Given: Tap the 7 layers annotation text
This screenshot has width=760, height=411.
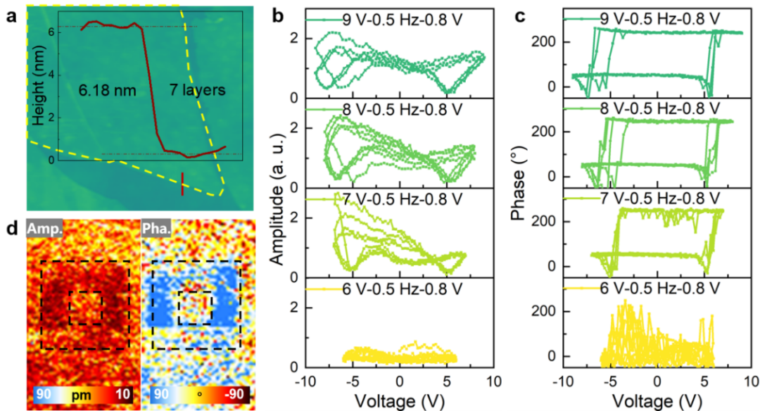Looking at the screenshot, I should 196,90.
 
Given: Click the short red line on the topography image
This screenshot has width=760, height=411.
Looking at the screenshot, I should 182,184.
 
